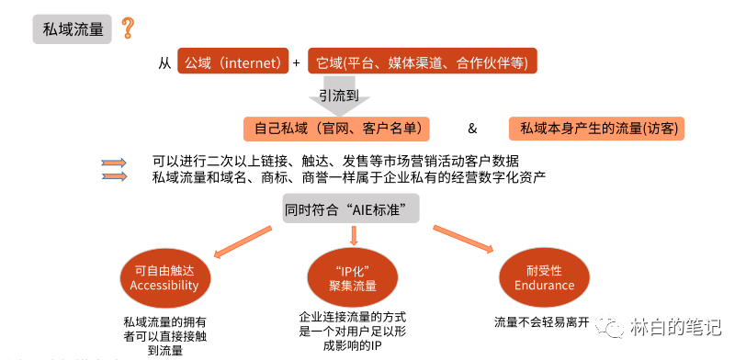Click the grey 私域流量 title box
(73, 28)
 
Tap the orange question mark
(128, 28)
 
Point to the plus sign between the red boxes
(296, 62)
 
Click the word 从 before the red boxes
(164, 62)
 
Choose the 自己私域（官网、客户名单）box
(337, 128)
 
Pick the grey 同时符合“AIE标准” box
(351, 209)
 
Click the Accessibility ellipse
(164, 277)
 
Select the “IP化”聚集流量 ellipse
(354, 277)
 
